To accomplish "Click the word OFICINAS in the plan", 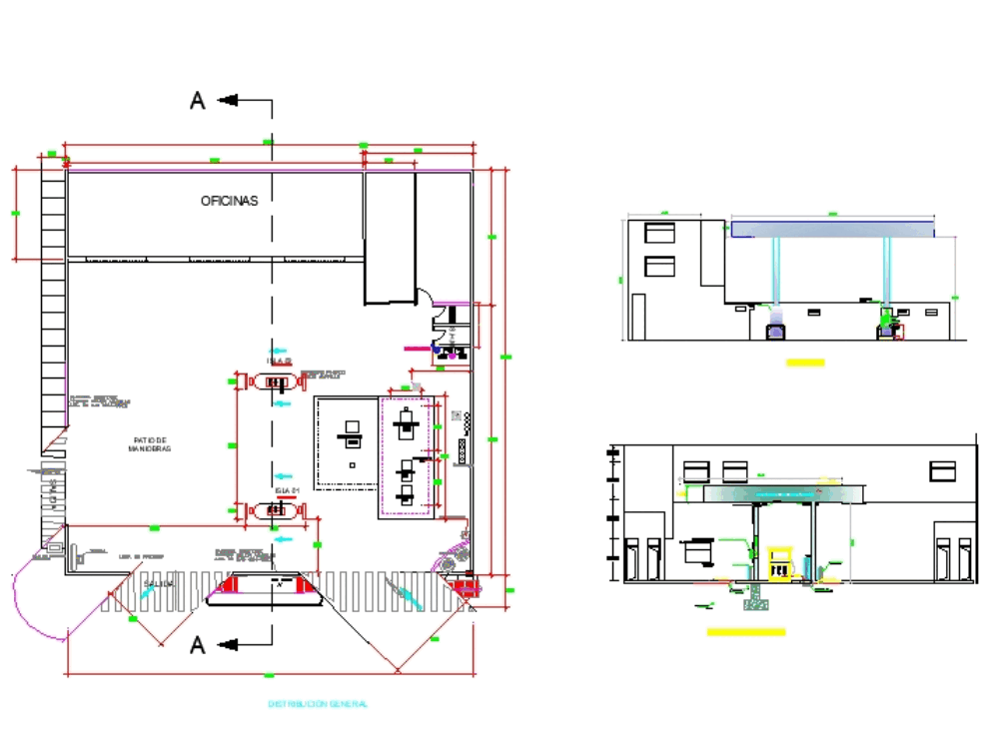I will tap(229, 201).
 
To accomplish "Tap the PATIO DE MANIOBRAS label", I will tap(150, 444).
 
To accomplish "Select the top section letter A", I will tap(198, 100).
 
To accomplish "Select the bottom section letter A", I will tap(198, 646).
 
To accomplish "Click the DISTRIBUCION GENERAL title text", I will tap(318, 704).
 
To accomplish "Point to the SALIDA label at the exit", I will tap(159, 583).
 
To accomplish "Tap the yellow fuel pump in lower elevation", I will tap(782, 562).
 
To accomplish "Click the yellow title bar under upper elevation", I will tap(805, 363).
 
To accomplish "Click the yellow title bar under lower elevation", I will tap(745, 631).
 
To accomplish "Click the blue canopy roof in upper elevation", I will tap(832, 229).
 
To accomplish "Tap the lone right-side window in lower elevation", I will tap(942, 470).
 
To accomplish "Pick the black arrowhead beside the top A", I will tap(227, 100).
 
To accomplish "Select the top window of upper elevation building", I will tap(659, 233).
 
